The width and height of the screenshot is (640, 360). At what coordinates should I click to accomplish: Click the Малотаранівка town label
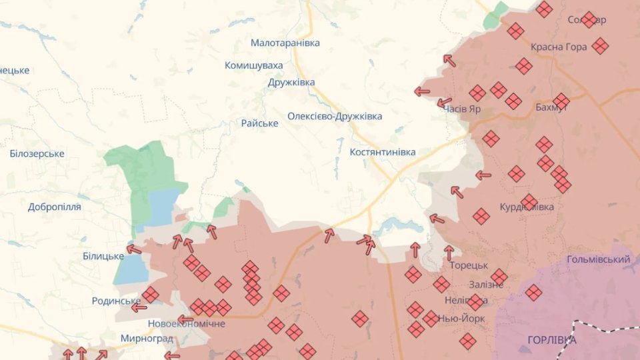tap(285, 43)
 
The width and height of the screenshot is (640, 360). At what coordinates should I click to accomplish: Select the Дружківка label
tap(291, 83)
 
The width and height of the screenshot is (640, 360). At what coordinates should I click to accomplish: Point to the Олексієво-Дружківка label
tap(335, 116)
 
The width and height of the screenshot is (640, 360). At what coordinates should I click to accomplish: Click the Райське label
tap(259, 123)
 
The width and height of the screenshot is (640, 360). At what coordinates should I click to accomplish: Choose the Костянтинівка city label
tap(382, 152)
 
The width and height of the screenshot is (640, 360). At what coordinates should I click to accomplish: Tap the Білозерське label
tap(37, 154)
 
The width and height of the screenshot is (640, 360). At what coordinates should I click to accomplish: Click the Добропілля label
tap(55, 207)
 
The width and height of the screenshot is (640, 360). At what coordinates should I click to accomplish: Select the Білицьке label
tap(103, 257)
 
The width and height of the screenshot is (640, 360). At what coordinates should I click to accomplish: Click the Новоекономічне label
tap(186, 323)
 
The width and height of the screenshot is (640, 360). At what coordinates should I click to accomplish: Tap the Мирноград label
tap(147, 338)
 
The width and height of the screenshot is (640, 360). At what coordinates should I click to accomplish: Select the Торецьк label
tap(469, 265)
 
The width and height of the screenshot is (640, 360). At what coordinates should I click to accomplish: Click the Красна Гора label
tap(559, 47)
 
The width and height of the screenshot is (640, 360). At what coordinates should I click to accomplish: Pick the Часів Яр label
tap(461, 109)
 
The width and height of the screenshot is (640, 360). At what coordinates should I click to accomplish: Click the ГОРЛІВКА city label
tap(551, 340)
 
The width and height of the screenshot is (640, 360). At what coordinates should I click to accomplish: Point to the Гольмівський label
tap(598, 259)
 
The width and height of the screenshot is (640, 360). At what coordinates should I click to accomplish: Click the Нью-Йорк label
tap(462, 319)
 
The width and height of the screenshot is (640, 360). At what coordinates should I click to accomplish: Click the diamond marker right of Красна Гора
tap(600, 46)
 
